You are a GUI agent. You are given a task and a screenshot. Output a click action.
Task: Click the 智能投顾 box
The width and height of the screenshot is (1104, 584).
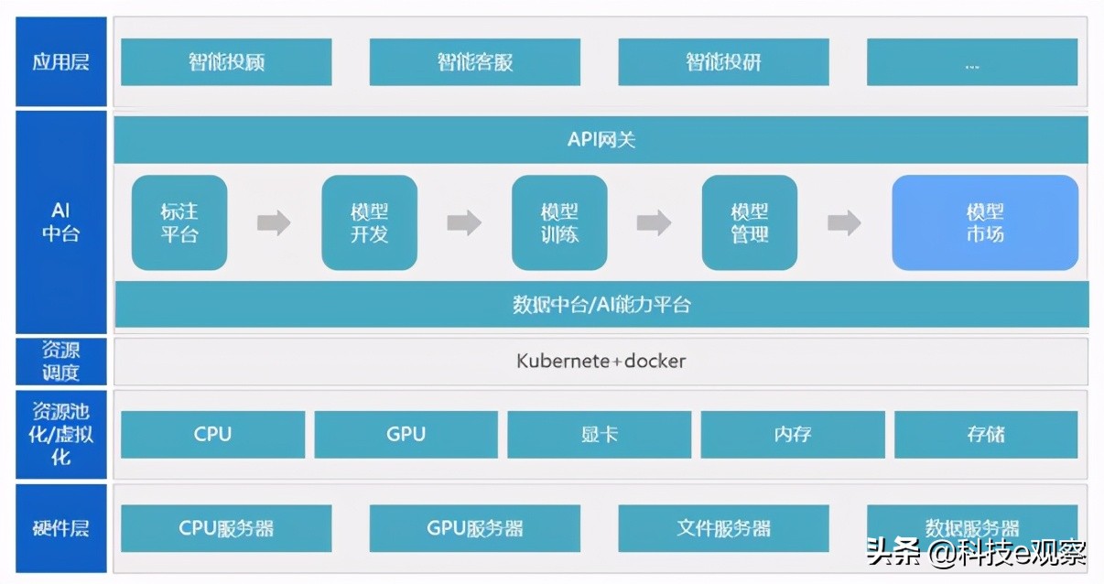[x=226, y=62]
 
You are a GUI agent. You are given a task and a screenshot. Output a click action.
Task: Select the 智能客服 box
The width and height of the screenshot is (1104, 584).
[x=474, y=62]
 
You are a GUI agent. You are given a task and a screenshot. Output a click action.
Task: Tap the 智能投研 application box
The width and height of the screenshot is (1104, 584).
[x=723, y=62]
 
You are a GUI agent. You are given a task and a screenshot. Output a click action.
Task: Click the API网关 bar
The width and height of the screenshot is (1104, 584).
[x=601, y=140]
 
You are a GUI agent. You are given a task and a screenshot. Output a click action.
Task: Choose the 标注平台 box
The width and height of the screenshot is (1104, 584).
[x=179, y=222]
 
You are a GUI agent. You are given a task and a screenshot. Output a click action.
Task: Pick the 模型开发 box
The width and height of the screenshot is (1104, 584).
[x=369, y=222]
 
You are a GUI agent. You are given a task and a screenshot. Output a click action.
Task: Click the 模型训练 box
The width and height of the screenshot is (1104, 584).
[x=559, y=222]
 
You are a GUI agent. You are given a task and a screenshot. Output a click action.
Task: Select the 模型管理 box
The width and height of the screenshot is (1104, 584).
[x=749, y=222]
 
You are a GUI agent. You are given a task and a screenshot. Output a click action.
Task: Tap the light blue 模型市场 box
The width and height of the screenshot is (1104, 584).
[x=985, y=222]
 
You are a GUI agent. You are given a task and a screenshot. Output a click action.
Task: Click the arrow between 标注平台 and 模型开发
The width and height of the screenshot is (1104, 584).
[x=274, y=222]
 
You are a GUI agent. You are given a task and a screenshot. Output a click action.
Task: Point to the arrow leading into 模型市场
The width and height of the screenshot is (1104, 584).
[x=844, y=222]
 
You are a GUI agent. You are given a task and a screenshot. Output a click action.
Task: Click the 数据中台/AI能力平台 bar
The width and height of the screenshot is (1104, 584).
[x=601, y=304]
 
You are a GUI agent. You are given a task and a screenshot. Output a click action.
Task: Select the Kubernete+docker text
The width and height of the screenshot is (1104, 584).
[x=601, y=361]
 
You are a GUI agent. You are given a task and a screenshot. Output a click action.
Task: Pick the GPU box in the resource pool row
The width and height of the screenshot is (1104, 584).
[x=406, y=434]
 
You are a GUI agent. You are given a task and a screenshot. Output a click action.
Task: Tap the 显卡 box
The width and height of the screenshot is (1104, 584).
[x=600, y=434]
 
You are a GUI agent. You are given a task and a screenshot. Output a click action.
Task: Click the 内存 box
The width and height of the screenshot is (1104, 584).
[x=793, y=434]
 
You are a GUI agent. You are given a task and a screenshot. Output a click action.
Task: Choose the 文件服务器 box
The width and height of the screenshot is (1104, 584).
[x=723, y=528]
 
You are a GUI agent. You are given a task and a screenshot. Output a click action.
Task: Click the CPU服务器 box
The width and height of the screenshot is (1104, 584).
[x=226, y=528]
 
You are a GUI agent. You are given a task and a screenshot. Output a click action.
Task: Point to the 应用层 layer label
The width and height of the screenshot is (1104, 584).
[x=60, y=62]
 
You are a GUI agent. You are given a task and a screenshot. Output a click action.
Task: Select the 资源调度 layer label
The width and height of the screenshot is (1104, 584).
[x=60, y=361]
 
